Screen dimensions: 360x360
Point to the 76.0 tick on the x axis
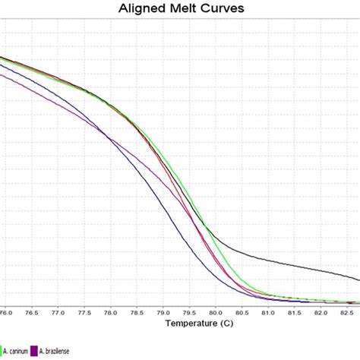6,311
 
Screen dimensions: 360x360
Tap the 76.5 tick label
32,311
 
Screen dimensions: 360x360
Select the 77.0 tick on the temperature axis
58,311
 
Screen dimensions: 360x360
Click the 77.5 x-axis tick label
84,311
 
